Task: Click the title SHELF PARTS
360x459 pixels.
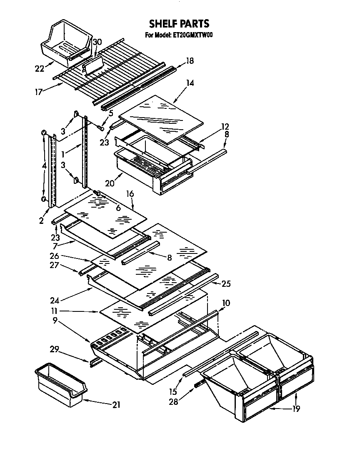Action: (179, 24)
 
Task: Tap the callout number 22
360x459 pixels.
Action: (40, 69)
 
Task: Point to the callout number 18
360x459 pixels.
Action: (190, 60)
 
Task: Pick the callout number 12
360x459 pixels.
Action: (225, 126)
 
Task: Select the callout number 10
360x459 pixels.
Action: (225, 303)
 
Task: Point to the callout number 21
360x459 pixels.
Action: (117, 404)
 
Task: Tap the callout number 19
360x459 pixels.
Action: (295, 409)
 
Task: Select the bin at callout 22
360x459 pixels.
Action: (66, 43)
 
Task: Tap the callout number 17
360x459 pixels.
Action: (39, 91)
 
